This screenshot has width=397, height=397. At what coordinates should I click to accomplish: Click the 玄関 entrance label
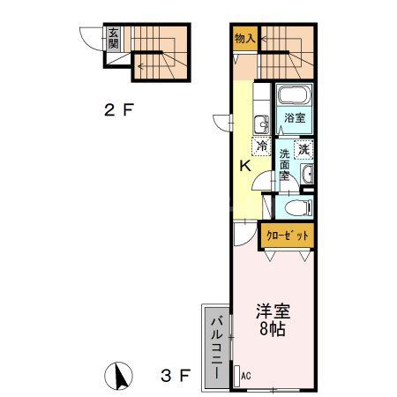[113, 39]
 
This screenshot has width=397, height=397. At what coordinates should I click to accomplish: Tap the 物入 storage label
[244, 38]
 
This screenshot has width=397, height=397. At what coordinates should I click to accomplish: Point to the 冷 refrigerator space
[262, 147]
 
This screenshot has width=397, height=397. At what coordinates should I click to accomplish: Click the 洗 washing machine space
[303, 150]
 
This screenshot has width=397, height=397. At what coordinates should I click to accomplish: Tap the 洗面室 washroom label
[284, 164]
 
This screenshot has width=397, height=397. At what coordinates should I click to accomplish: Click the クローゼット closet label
[288, 236]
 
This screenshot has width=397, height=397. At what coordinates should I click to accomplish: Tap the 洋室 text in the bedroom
[273, 311]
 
